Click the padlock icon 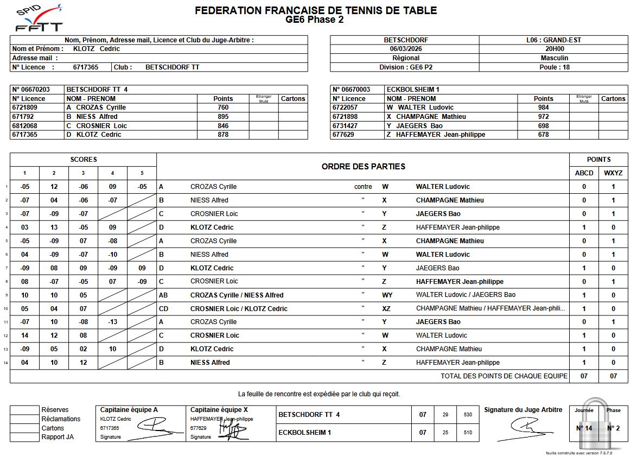click(x=597, y=425)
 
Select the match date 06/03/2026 click(x=405, y=49)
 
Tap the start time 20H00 click(x=554, y=49)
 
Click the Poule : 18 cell click(x=554, y=67)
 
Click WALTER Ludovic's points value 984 click(x=543, y=107)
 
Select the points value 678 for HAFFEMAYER click(x=543, y=135)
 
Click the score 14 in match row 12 click(x=25, y=335)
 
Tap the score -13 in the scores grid click(x=112, y=322)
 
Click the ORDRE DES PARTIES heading click(x=363, y=167)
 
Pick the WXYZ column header click(x=613, y=173)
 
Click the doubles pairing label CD click(x=163, y=308)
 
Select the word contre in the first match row click(x=363, y=187)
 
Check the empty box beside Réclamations click(x=24, y=419)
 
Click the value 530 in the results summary click(x=468, y=415)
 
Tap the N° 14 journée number click(x=584, y=428)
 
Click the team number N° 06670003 click(x=352, y=90)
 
